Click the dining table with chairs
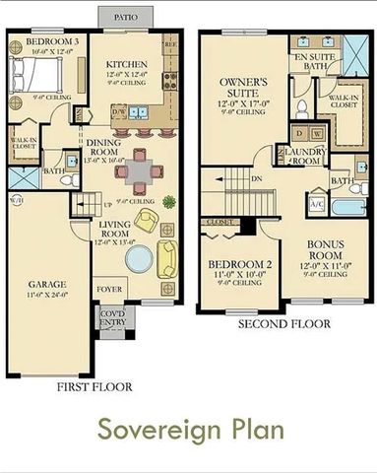click(141, 169)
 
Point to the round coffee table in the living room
click(139, 259)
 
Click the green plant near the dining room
click(169, 202)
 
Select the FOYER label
click(109, 289)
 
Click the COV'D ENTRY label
click(113, 318)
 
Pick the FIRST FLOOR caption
click(95, 387)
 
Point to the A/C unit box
click(317, 204)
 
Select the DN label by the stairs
click(257, 179)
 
